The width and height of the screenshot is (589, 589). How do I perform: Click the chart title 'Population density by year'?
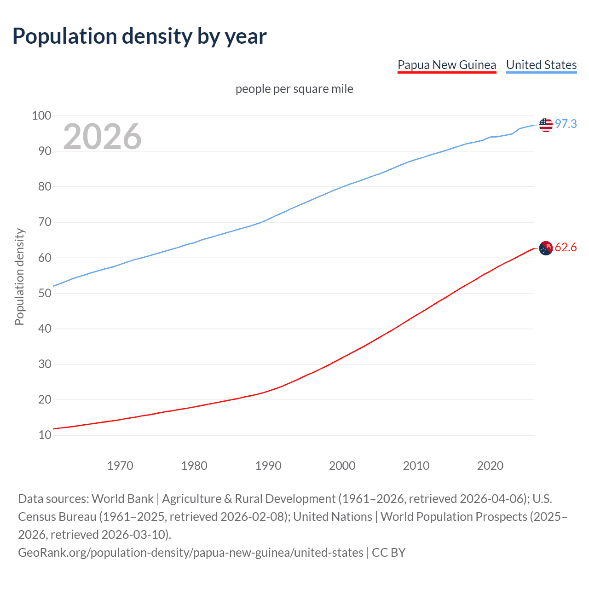[x=139, y=36]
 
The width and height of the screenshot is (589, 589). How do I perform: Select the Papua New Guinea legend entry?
[x=447, y=65]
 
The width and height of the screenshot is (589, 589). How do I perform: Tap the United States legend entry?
[x=541, y=65]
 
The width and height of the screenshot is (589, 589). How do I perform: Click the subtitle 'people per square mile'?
[x=294, y=89]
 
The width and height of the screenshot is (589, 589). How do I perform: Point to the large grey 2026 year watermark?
[x=102, y=137]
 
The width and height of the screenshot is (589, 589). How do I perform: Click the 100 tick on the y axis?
[x=41, y=115]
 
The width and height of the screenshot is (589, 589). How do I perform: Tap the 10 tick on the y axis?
[x=45, y=435]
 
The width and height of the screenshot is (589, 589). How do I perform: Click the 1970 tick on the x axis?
[x=120, y=466]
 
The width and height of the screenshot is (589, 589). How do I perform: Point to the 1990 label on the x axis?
[x=268, y=466]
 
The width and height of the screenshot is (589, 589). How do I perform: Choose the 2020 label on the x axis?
[x=490, y=466]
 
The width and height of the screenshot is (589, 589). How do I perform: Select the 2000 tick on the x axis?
[x=342, y=466]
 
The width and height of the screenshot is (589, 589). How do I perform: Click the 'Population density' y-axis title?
[x=19, y=277]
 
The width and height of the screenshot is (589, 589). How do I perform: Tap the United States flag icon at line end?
[x=546, y=124]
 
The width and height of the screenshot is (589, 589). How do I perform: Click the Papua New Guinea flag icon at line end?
[x=546, y=248]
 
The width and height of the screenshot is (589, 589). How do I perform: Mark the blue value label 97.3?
[x=566, y=124]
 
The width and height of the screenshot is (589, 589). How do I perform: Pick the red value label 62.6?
[x=566, y=248]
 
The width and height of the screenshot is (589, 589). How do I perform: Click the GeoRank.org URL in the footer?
[x=191, y=552]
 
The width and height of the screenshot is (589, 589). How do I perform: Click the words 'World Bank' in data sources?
[x=122, y=499]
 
